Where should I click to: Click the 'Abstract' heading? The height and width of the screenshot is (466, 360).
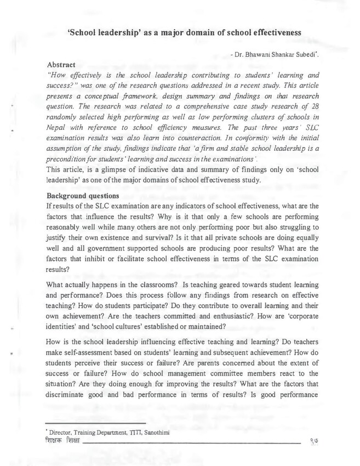pos(61,65)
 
